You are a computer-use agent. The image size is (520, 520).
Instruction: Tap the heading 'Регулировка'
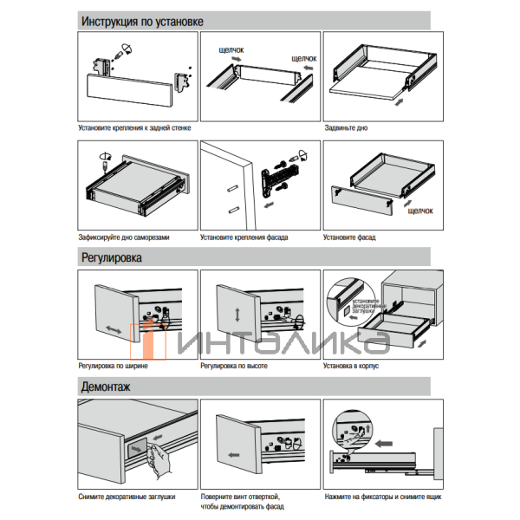coord(112,257)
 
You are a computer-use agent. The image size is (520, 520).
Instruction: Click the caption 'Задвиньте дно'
coord(346,127)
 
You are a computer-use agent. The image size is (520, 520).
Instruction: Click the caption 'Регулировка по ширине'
coord(113,367)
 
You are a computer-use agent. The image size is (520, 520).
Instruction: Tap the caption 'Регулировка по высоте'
coord(233,367)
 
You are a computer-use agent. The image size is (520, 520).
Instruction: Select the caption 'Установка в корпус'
coord(351,367)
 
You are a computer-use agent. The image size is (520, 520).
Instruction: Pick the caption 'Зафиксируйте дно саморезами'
coord(124,237)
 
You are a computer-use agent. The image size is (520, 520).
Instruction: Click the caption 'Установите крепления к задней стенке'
coord(134,127)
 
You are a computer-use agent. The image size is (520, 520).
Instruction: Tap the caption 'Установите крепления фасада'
coord(244,237)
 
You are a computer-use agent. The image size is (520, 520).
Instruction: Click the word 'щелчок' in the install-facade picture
coord(419,211)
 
